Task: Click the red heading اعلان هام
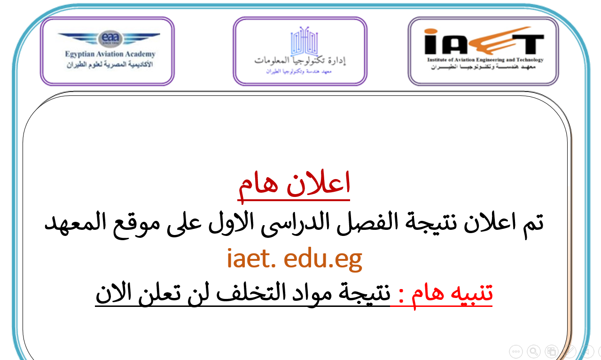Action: pos(294,185)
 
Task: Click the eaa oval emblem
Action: pos(110,39)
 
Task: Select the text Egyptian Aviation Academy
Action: pos(110,54)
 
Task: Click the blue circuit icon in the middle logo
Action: pos(304,41)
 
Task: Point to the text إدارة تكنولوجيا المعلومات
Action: pos(300,61)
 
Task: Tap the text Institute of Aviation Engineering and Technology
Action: pos(485,60)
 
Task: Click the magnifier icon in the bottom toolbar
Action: pos(534,351)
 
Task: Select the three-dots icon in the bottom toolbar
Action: pos(515,351)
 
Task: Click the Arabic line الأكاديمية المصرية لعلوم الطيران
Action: pos(110,65)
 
